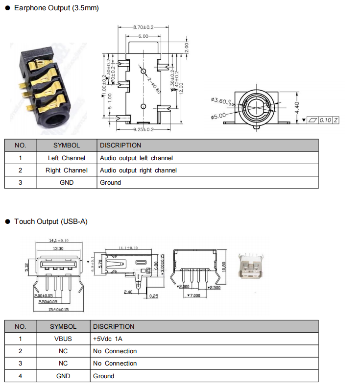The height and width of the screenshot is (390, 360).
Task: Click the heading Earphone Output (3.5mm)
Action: coord(56,8)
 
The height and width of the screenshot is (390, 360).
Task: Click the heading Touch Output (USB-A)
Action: coord(50,221)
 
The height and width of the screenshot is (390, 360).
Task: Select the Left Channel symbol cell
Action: coord(67,158)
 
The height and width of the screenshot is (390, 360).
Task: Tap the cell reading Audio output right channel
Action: coord(138,170)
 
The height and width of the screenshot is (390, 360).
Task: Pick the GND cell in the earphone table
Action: coord(67,182)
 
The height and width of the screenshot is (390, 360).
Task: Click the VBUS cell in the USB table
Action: coord(63,339)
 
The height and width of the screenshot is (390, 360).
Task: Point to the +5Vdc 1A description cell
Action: coord(108,339)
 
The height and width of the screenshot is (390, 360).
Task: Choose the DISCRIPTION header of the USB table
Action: coord(114,326)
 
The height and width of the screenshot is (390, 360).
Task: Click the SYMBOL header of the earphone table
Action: coord(67,145)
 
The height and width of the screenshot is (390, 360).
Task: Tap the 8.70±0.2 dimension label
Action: coord(143,27)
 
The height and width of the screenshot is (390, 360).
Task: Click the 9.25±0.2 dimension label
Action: coord(144,129)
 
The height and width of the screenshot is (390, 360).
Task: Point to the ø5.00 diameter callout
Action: coord(218,117)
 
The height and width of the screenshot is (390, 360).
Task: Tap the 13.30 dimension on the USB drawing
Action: coord(58,248)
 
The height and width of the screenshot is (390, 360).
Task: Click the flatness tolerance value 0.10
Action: coord(325,120)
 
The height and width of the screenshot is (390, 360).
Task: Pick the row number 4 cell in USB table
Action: coord(21,376)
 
